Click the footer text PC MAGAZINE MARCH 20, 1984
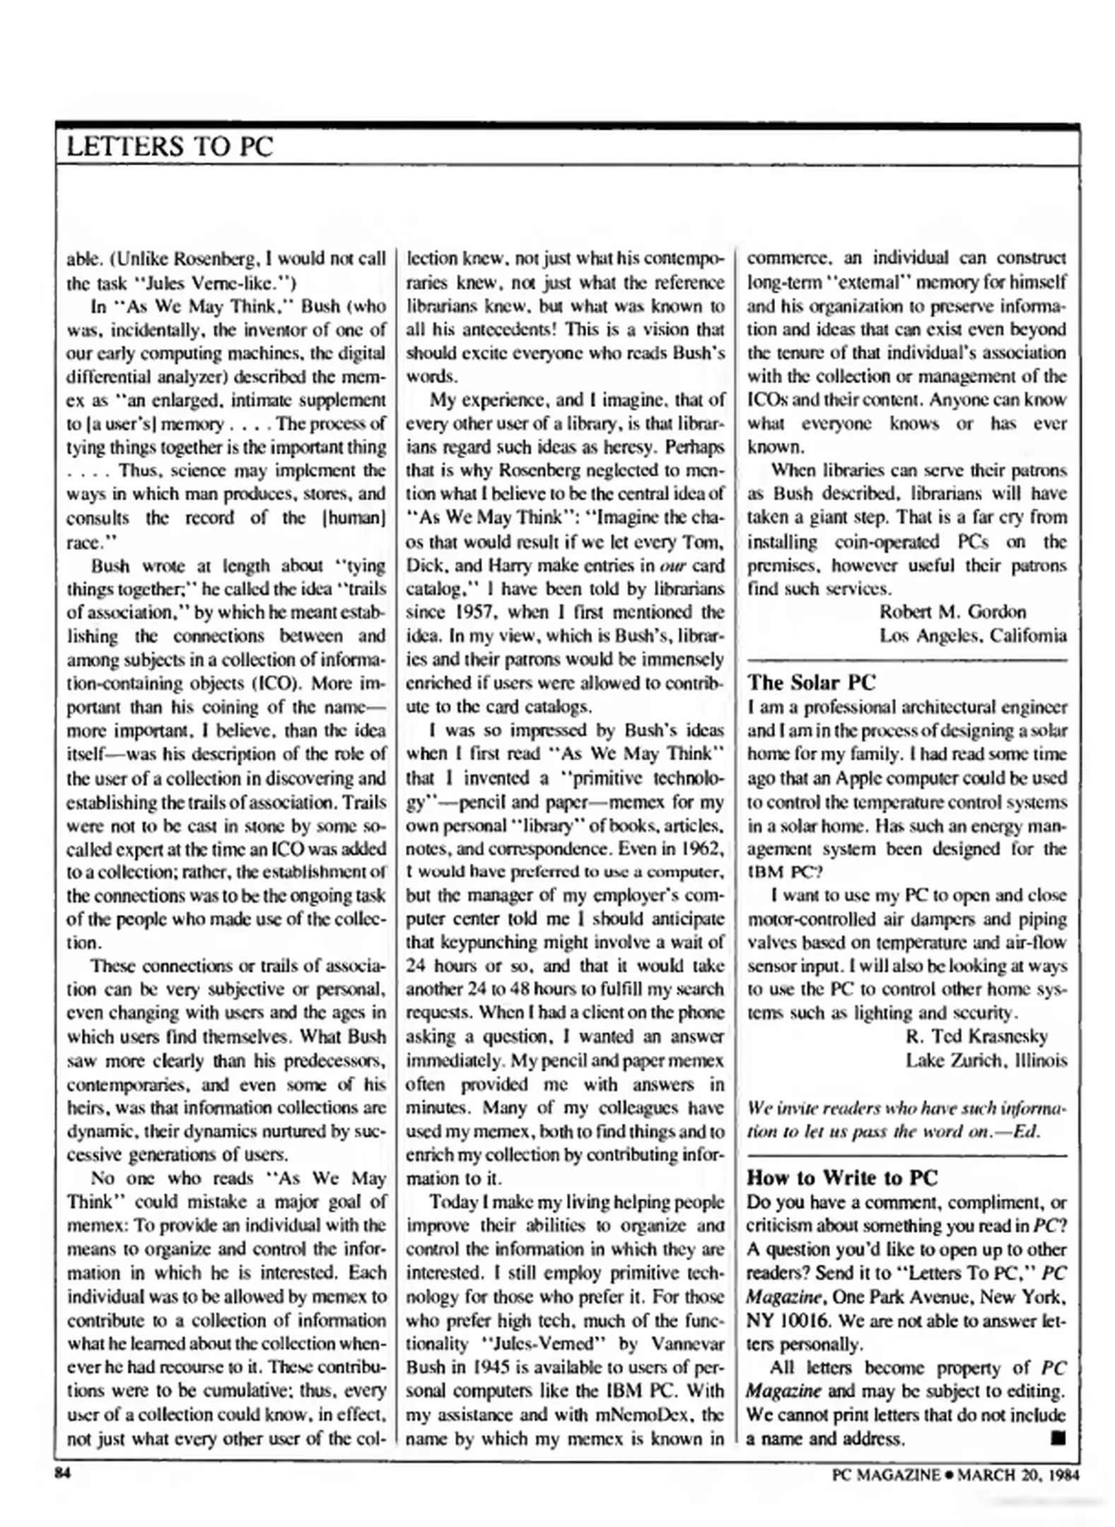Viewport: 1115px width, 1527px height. (x=955, y=1474)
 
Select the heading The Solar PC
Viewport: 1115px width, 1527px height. (x=811, y=682)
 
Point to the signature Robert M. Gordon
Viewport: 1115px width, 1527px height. (x=952, y=612)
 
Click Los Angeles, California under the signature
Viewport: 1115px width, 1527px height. (x=972, y=636)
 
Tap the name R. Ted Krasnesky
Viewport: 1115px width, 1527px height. (x=976, y=1036)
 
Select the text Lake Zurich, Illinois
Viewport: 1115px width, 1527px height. (x=986, y=1060)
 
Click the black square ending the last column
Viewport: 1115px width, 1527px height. (x=1058, y=1437)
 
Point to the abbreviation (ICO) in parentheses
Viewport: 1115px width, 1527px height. (x=281, y=683)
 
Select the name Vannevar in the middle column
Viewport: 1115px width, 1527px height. (x=679, y=1343)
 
